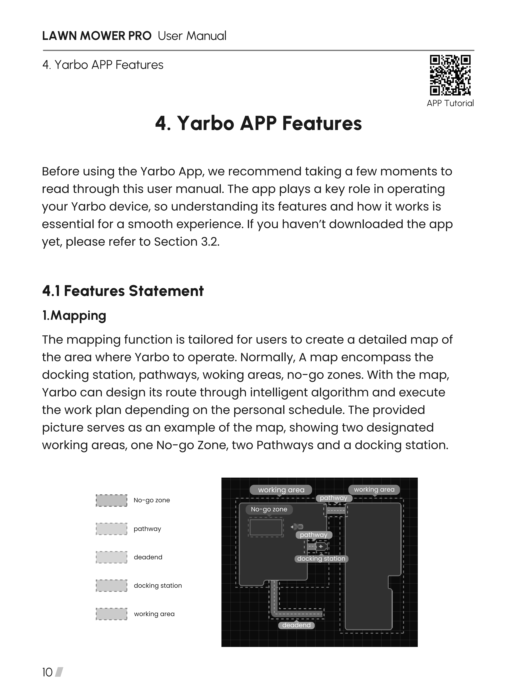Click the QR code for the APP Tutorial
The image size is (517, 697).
pyautogui.click(x=450, y=75)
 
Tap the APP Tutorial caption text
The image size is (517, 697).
pyautogui.click(x=450, y=103)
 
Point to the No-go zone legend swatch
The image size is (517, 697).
pyautogui.click(x=111, y=500)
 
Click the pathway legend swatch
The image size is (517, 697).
pyautogui.click(x=111, y=529)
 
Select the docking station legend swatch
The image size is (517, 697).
pyautogui.click(x=111, y=586)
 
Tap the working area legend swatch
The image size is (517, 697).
pyautogui.click(x=111, y=614)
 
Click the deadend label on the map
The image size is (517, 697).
pyautogui.click(x=296, y=625)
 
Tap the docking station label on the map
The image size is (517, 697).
pyautogui.click(x=321, y=559)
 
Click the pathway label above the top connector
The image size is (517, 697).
pyautogui.click(x=334, y=498)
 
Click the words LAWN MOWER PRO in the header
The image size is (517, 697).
pyautogui.click(x=97, y=36)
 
